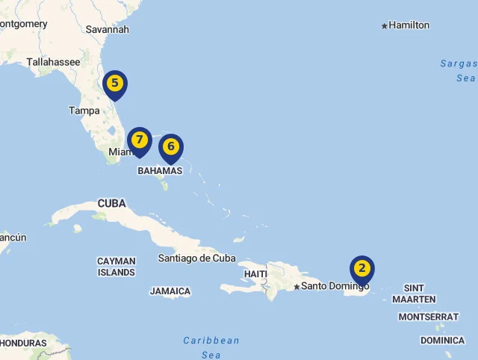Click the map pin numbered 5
point(115,84)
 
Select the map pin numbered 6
point(171,147)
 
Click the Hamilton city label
point(409,25)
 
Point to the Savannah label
point(108,29)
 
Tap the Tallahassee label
point(53,63)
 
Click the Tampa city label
point(84,111)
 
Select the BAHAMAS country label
point(160,171)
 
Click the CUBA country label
point(112,204)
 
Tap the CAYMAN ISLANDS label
point(117,267)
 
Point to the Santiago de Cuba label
point(196,258)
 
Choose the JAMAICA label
point(170,291)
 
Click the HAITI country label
point(255,274)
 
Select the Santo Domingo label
point(335,286)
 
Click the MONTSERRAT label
point(428,317)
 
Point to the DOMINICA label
point(442,341)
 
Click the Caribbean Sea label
point(211,347)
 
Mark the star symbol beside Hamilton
point(385,26)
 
